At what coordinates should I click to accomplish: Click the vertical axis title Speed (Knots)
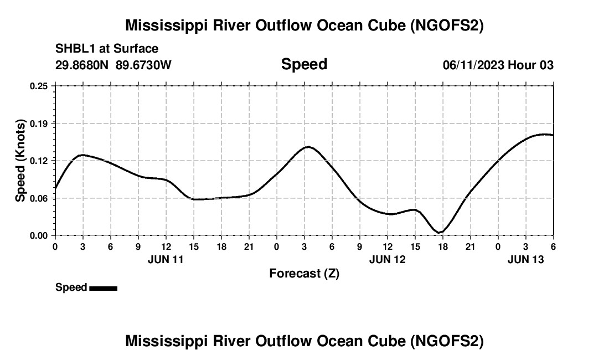20,161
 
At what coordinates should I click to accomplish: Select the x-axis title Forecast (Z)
304,273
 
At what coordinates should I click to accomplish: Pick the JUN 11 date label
166,259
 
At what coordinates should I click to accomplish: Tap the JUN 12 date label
387,259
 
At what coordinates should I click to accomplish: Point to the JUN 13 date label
525,259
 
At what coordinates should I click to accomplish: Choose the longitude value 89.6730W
144,65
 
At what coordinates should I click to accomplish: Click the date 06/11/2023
473,65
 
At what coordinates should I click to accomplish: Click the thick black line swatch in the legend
103,288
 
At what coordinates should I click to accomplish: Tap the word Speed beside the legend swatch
71,287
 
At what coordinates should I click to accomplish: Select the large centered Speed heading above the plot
304,64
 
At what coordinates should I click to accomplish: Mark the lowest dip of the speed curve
439,232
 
